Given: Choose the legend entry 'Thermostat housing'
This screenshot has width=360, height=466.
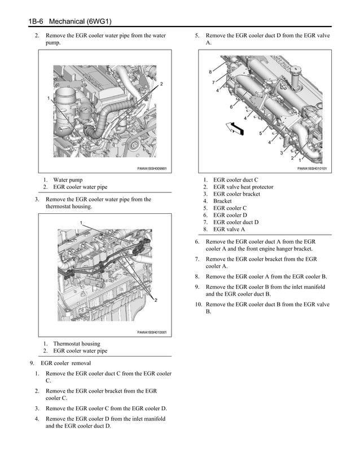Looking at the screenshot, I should [76, 344].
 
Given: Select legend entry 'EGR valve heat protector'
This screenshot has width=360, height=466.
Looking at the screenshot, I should [243, 187].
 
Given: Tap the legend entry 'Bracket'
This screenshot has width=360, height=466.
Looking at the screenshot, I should [222, 201].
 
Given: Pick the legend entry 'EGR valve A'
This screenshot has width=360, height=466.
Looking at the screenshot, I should [229, 229].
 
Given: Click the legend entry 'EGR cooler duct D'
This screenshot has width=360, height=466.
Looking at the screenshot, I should [235, 222].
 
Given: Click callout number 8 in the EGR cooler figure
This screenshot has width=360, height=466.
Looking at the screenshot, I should [210, 72].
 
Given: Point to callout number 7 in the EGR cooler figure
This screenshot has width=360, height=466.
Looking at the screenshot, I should [213, 82].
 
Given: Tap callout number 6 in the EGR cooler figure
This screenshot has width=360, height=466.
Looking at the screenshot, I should [231, 107].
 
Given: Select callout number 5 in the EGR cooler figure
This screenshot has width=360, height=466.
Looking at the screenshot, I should [260, 134].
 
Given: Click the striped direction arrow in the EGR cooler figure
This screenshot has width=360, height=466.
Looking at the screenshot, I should [235, 128].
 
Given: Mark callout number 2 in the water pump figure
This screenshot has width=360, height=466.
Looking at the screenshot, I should [161, 84].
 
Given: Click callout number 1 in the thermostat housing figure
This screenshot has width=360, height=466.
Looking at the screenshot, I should [81, 223].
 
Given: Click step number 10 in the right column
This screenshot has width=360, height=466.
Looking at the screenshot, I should [199, 304].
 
